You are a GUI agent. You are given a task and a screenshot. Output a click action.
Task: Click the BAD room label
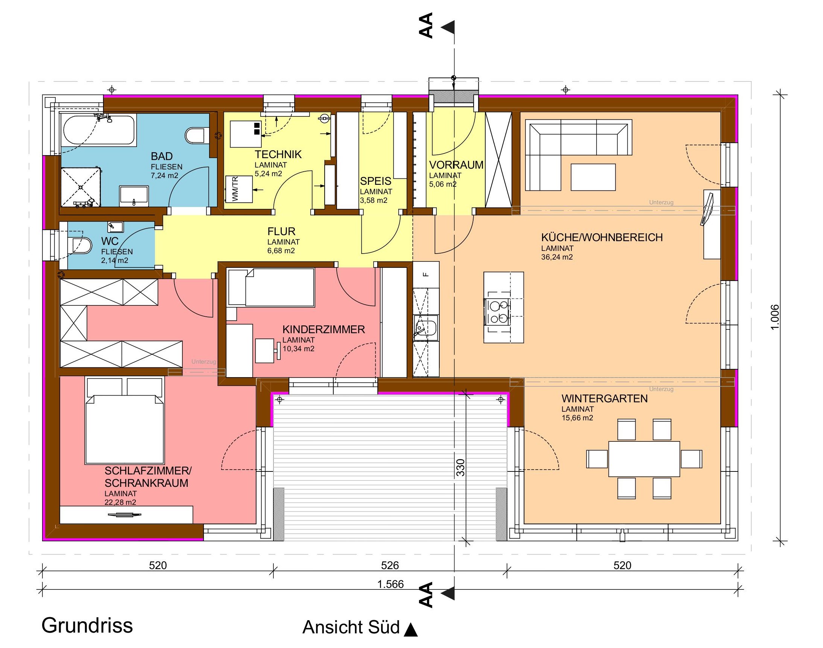pos(162,156)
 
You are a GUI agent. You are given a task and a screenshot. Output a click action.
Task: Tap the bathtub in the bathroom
pos(99,130)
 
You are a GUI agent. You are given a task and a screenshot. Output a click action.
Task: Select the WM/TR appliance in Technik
pos(239,189)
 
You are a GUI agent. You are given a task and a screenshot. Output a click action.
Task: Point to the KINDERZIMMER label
pos(323,329)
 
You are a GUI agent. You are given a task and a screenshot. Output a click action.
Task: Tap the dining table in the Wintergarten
pos(644,459)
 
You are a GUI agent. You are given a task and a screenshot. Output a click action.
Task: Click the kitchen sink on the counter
pos(426,328)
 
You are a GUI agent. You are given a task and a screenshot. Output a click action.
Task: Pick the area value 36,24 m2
pos(557,257)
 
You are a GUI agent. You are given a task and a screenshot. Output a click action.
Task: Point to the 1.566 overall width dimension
pos(390,584)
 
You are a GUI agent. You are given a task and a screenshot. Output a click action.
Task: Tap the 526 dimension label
pos(390,565)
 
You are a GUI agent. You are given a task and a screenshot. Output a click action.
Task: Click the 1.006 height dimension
pos(775,317)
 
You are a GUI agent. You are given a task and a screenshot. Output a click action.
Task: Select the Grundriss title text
pos(87,625)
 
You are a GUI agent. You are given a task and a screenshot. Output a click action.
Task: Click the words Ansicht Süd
pos(351,627)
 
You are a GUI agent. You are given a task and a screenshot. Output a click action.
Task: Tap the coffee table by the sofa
pos(593,177)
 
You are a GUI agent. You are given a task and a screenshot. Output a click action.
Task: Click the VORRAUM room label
pos(456,165)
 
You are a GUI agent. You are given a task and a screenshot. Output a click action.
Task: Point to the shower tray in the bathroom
pos(80,187)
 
